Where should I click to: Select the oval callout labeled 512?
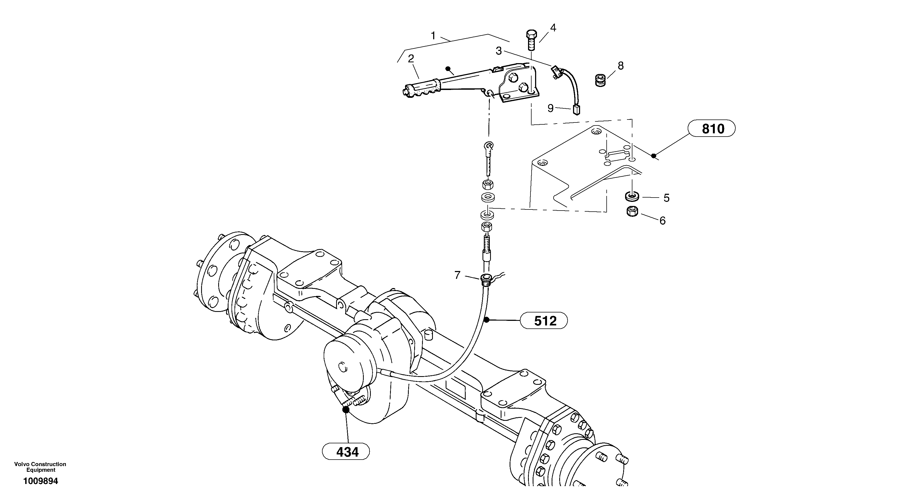543,320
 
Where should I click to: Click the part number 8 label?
620,66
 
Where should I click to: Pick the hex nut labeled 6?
632,212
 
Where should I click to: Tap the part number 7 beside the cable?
457,275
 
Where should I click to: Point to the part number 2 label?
411,59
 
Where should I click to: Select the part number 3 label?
499,51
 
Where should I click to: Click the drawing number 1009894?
40,481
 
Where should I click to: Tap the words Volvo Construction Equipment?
40,467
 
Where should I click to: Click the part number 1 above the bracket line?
433,36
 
